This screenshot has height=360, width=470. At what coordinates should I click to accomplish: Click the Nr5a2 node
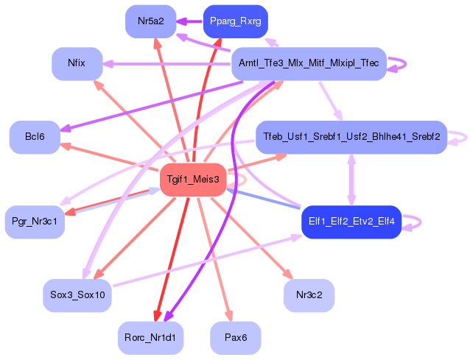pos(150,21)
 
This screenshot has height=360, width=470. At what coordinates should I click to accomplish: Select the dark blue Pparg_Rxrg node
pos(235,21)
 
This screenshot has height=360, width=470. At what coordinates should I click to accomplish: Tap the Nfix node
pos(77,63)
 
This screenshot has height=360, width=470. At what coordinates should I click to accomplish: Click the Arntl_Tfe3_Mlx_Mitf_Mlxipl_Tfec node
pos(309,63)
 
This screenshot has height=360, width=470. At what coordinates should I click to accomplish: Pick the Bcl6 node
pos(35,137)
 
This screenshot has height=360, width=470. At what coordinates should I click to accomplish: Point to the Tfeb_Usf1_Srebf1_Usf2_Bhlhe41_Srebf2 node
pos(351,137)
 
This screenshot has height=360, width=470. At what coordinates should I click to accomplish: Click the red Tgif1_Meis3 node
pos(193,180)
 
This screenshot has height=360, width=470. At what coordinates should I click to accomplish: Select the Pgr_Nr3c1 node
pos(35,222)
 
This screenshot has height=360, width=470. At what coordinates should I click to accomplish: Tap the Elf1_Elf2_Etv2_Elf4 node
pos(351,222)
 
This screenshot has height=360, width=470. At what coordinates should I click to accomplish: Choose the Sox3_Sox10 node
pos(77,295)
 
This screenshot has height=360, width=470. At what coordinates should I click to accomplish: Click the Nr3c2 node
pos(309,295)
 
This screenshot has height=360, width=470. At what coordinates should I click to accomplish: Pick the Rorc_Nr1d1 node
pos(150,338)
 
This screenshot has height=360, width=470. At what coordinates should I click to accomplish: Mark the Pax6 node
pos(236,338)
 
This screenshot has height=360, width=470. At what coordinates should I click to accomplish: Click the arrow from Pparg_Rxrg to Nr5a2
pos(189,21)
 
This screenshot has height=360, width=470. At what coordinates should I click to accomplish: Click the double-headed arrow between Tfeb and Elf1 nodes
pos(351,180)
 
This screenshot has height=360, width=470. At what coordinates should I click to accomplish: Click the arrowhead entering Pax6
pos(229,317)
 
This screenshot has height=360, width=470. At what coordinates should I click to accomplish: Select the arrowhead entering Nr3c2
pos(288,274)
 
